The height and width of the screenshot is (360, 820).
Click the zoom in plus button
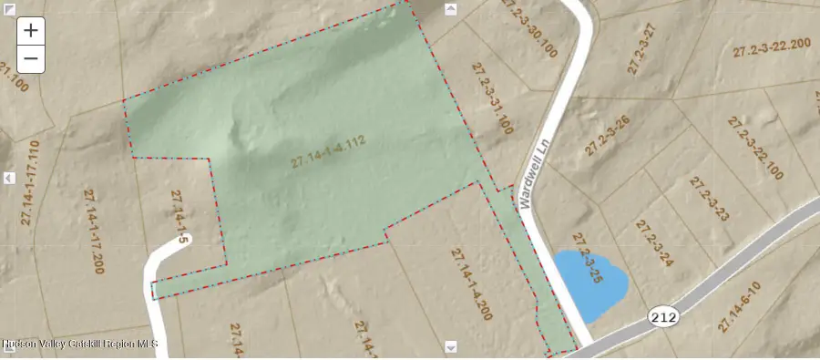(31, 30)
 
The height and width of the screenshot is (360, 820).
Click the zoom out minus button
(31, 58)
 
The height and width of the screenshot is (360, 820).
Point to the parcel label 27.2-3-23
(709, 200)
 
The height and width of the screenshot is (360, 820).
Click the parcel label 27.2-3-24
(654, 242)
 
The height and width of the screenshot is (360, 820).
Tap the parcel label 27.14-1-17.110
(31, 182)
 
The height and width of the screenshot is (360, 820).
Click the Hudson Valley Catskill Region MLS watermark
(79, 344)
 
